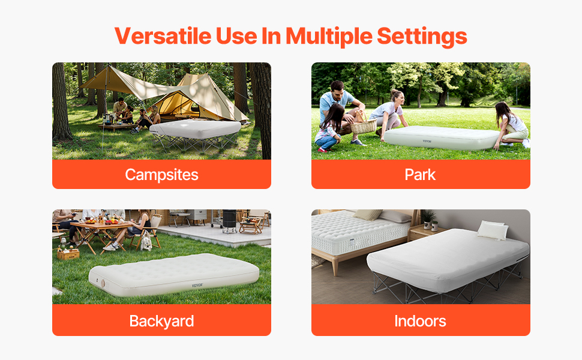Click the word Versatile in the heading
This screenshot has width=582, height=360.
pyautogui.click(x=163, y=36)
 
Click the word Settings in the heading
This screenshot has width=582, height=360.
pyautogui.click(x=422, y=37)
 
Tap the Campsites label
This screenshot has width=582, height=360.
pyautogui.click(x=161, y=175)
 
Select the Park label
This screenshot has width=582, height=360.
pyautogui.click(x=420, y=175)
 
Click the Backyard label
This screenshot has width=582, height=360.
pyautogui.click(x=161, y=322)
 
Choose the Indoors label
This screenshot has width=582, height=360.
pyautogui.click(x=420, y=321)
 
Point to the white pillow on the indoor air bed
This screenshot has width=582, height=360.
pyautogui.click(x=493, y=230)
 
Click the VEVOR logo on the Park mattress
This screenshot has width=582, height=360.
pyautogui.click(x=427, y=142)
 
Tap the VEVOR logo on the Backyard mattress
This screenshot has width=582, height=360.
pyautogui.click(x=197, y=286)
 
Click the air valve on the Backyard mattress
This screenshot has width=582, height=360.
pyautogui.click(x=103, y=284)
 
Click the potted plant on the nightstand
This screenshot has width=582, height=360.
pyautogui.click(x=429, y=219)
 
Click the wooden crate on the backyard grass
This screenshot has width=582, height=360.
pyautogui.click(x=68, y=254)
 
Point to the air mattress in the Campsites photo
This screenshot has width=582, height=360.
pyautogui.click(x=195, y=129)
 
